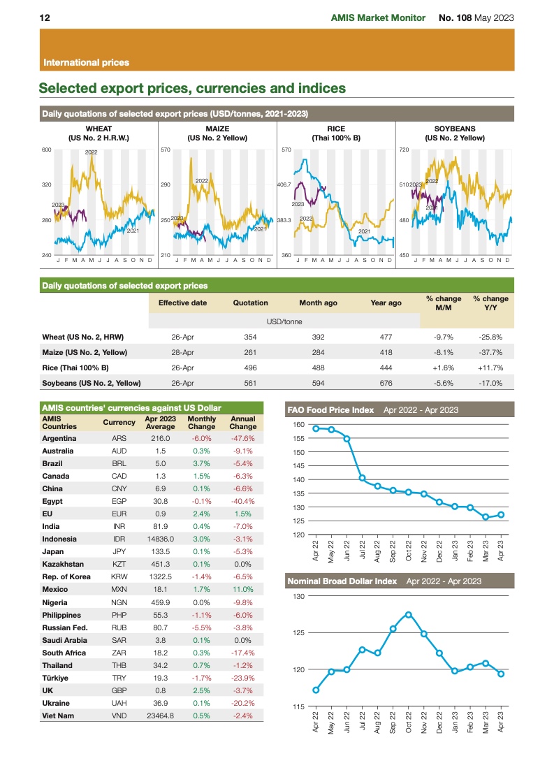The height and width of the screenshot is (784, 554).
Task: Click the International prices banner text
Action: coord(86,62)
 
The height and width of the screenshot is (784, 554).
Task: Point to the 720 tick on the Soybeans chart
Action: coord(404,150)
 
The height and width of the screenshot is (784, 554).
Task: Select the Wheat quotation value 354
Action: coord(250,336)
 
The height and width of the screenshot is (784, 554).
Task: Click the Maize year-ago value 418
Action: coord(386,351)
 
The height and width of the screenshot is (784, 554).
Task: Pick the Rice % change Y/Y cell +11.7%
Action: coord(490,367)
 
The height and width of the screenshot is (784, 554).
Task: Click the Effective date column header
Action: coord(182,303)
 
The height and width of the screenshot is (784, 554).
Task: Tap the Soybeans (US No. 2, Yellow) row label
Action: coord(92,382)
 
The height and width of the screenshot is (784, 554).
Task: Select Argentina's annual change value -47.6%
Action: coord(242,438)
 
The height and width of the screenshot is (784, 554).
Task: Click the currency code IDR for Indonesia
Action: coord(119,539)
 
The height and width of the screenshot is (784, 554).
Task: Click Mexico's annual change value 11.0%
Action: coord(242,590)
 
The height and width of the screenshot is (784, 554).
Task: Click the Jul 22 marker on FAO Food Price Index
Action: coord(363,478)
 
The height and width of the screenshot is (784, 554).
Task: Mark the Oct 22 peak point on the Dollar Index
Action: coord(409,615)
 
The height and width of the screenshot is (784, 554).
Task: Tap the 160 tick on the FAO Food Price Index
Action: coord(298,425)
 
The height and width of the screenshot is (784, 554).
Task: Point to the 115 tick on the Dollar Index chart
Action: coord(298,706)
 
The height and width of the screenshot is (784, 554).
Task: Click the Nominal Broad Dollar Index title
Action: coord(342,581)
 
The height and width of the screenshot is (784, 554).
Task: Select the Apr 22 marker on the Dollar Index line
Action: coord(316,690)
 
